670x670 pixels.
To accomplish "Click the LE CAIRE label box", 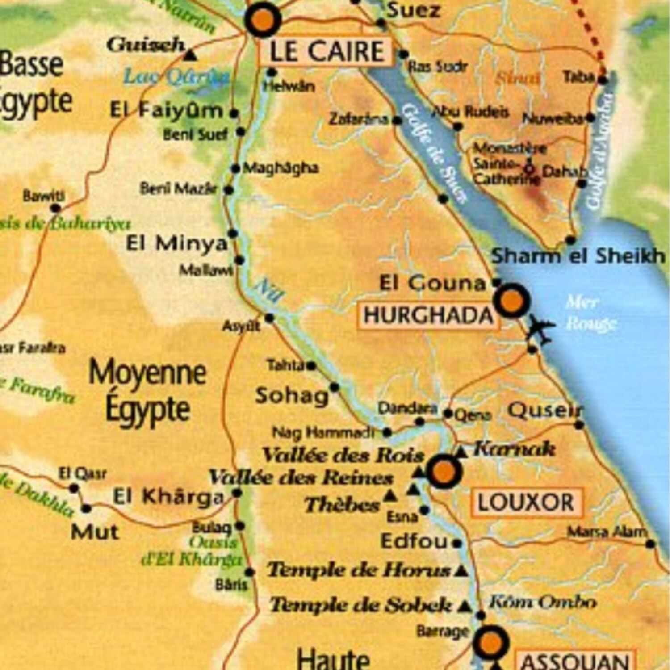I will (x=326, y=51).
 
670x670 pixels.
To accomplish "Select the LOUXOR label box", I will (x=526, y=502).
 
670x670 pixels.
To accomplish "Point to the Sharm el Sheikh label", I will (x=578, y=256).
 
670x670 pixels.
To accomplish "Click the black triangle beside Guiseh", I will (x=191, y=55).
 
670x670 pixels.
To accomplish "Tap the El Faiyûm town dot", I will (x=234, y=113).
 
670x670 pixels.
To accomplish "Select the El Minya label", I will (x=177, y=244).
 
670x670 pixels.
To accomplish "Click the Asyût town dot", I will (x=269, y=318).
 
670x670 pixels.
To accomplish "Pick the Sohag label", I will (x=292, y=396).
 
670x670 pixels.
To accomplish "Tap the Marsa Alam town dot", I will (x=650, y=544).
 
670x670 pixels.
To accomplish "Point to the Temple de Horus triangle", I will (x=462, y=571).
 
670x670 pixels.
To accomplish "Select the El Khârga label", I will (x=168, y=496).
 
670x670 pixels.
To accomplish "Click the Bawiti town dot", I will (x=55, y=208).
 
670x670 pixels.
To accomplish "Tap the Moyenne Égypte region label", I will (x=147, y=390).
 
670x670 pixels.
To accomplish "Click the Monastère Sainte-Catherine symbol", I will (x=529, y=169).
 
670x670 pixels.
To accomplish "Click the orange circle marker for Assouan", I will (x=491, y=642).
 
